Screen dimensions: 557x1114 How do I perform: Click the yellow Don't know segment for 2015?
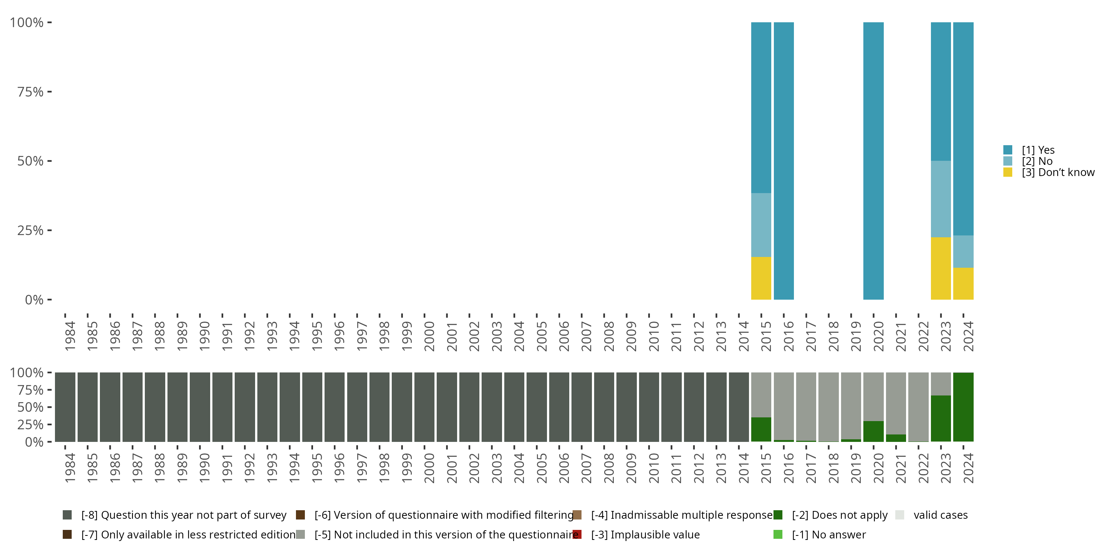[761, 278]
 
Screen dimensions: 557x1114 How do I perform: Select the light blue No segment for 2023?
[941, 199]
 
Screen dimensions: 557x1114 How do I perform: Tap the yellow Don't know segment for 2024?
[963, 283]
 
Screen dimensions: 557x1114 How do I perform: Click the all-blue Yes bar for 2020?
[873, 161]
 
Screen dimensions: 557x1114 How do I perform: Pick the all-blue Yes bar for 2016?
[783, 161]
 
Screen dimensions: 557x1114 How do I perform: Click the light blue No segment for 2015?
[761, 225]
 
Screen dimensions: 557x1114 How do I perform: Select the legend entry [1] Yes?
[1038, 150]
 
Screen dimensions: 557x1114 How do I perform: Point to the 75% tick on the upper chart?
[49, 92]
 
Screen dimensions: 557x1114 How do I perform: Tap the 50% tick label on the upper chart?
[30, 161]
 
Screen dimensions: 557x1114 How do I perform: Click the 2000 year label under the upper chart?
[429, 336]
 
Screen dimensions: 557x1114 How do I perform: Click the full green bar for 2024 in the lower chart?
[963, 407]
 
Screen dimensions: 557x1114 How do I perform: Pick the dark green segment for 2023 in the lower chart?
[941, 418]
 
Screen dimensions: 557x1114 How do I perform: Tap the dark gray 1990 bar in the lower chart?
[200, 407]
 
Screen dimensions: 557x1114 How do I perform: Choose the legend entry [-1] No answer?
[828, 534]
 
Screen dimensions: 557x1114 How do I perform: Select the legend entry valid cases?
[940, 515]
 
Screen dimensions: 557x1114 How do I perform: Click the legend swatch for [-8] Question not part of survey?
[67, 515]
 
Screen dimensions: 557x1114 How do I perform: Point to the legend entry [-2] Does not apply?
[839, 515]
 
